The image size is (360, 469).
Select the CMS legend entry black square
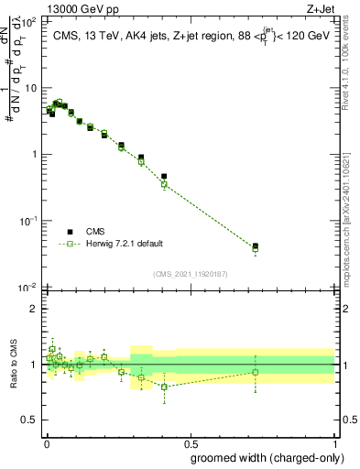click(71, 232)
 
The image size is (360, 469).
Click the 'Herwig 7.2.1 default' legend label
click(125, 244)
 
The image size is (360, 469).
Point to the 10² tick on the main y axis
click(28, 21)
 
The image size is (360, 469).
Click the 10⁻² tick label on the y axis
click(28, 288)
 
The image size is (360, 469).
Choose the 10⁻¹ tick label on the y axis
click(28, 221)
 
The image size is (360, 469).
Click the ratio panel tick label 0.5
click(29, 420)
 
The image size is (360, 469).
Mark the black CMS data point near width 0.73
click(256, 246)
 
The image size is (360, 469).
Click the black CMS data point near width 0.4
click(164, 176)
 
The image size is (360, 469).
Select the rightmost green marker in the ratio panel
click(256, 372)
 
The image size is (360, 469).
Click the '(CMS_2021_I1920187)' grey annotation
click(190, 272)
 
